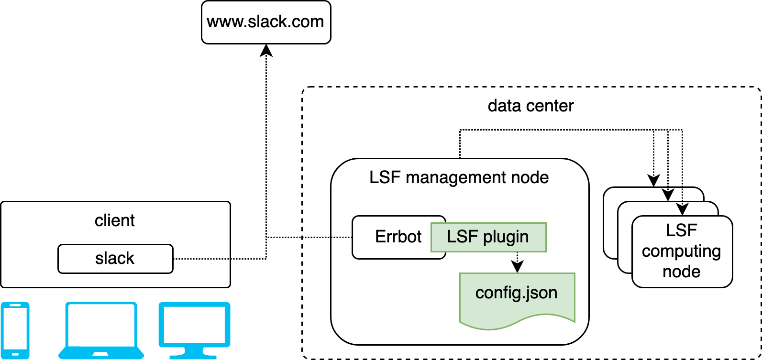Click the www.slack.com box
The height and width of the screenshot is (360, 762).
(x=266, y=22)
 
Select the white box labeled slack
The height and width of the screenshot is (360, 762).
(x=115, y=259)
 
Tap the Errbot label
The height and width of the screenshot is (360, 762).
(x=398, y=237)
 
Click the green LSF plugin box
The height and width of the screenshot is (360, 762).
(x=488, y=237)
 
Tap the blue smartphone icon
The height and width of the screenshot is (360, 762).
(x=15, y=330)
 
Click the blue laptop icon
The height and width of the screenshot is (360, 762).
(x=101, y=330)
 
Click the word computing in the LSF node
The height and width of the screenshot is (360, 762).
(x=681, y=251)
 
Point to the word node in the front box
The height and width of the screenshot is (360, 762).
(x=681, y=272)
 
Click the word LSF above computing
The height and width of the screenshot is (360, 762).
(x=681, y=230)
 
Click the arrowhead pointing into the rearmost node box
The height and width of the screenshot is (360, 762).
(x=668, y=195)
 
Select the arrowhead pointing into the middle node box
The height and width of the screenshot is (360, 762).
(x=682, y=209)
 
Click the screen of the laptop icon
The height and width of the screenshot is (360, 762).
(x=101, y=325)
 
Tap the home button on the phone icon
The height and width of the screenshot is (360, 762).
(x=15, y=354)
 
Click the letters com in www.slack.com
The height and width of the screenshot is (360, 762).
(x=307, y=22)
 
